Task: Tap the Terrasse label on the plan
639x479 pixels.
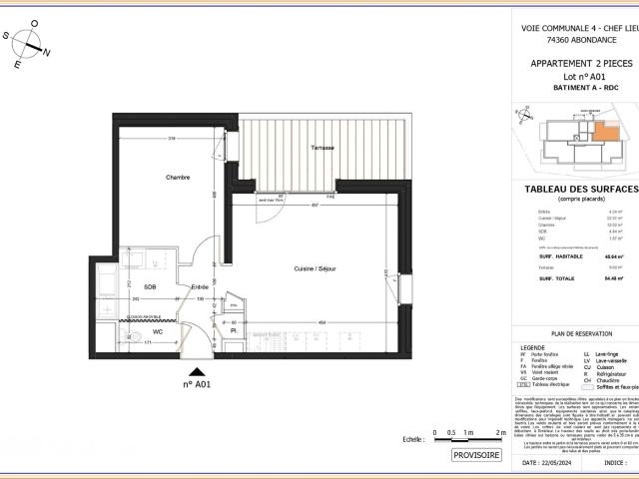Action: point(322,148)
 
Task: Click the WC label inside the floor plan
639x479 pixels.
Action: point(157,330)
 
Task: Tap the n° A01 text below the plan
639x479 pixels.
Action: point(197,383)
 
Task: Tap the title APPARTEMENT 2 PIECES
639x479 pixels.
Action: point(580,64)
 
